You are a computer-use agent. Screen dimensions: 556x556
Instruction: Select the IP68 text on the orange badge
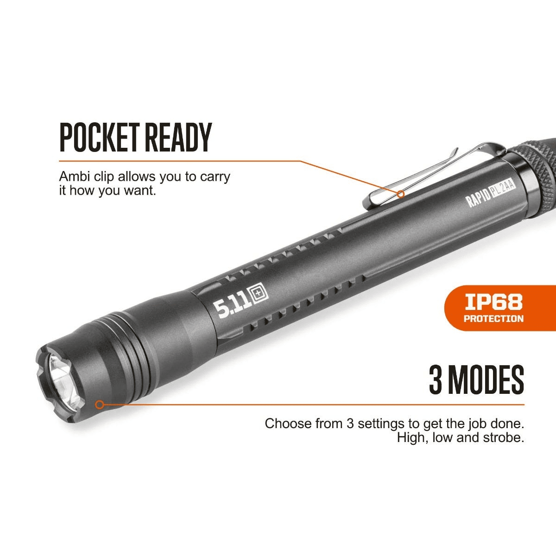(493, 302)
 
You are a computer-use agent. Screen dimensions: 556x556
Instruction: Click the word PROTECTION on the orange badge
(493, 319)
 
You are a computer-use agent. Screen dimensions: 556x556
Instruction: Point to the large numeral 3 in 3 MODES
(437, 380)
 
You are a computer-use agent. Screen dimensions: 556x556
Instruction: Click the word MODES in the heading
(487, 380)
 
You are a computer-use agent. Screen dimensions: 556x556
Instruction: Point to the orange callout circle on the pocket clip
(400, 194)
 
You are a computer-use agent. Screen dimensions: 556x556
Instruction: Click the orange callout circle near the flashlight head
(99, 405)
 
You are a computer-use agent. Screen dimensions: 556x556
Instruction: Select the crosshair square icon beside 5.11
(260, 295)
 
